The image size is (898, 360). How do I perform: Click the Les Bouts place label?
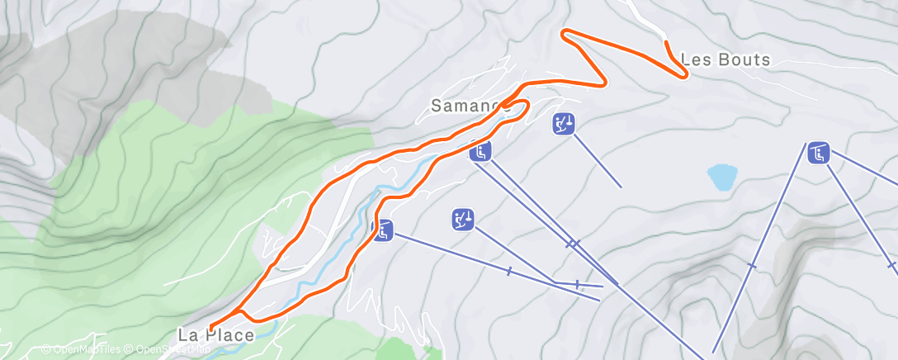click(725, 59)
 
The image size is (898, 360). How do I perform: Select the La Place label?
click(215, 334)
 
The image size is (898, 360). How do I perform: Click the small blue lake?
click(722, 177)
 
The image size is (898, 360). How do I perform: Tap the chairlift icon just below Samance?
click(481, 151)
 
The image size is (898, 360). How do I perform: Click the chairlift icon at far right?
click(819, 153)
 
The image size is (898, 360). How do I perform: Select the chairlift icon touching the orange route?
click(382, 230)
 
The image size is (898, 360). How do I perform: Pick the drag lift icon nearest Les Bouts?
click(564, 125)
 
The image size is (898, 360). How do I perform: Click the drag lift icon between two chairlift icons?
click(463, 219)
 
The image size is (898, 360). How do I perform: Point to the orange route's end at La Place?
click(211, 328)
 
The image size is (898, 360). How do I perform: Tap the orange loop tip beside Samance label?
click(526, 104)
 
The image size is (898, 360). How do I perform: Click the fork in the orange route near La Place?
click(240, 311)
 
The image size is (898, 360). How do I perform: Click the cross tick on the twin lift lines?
click(573, 244)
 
